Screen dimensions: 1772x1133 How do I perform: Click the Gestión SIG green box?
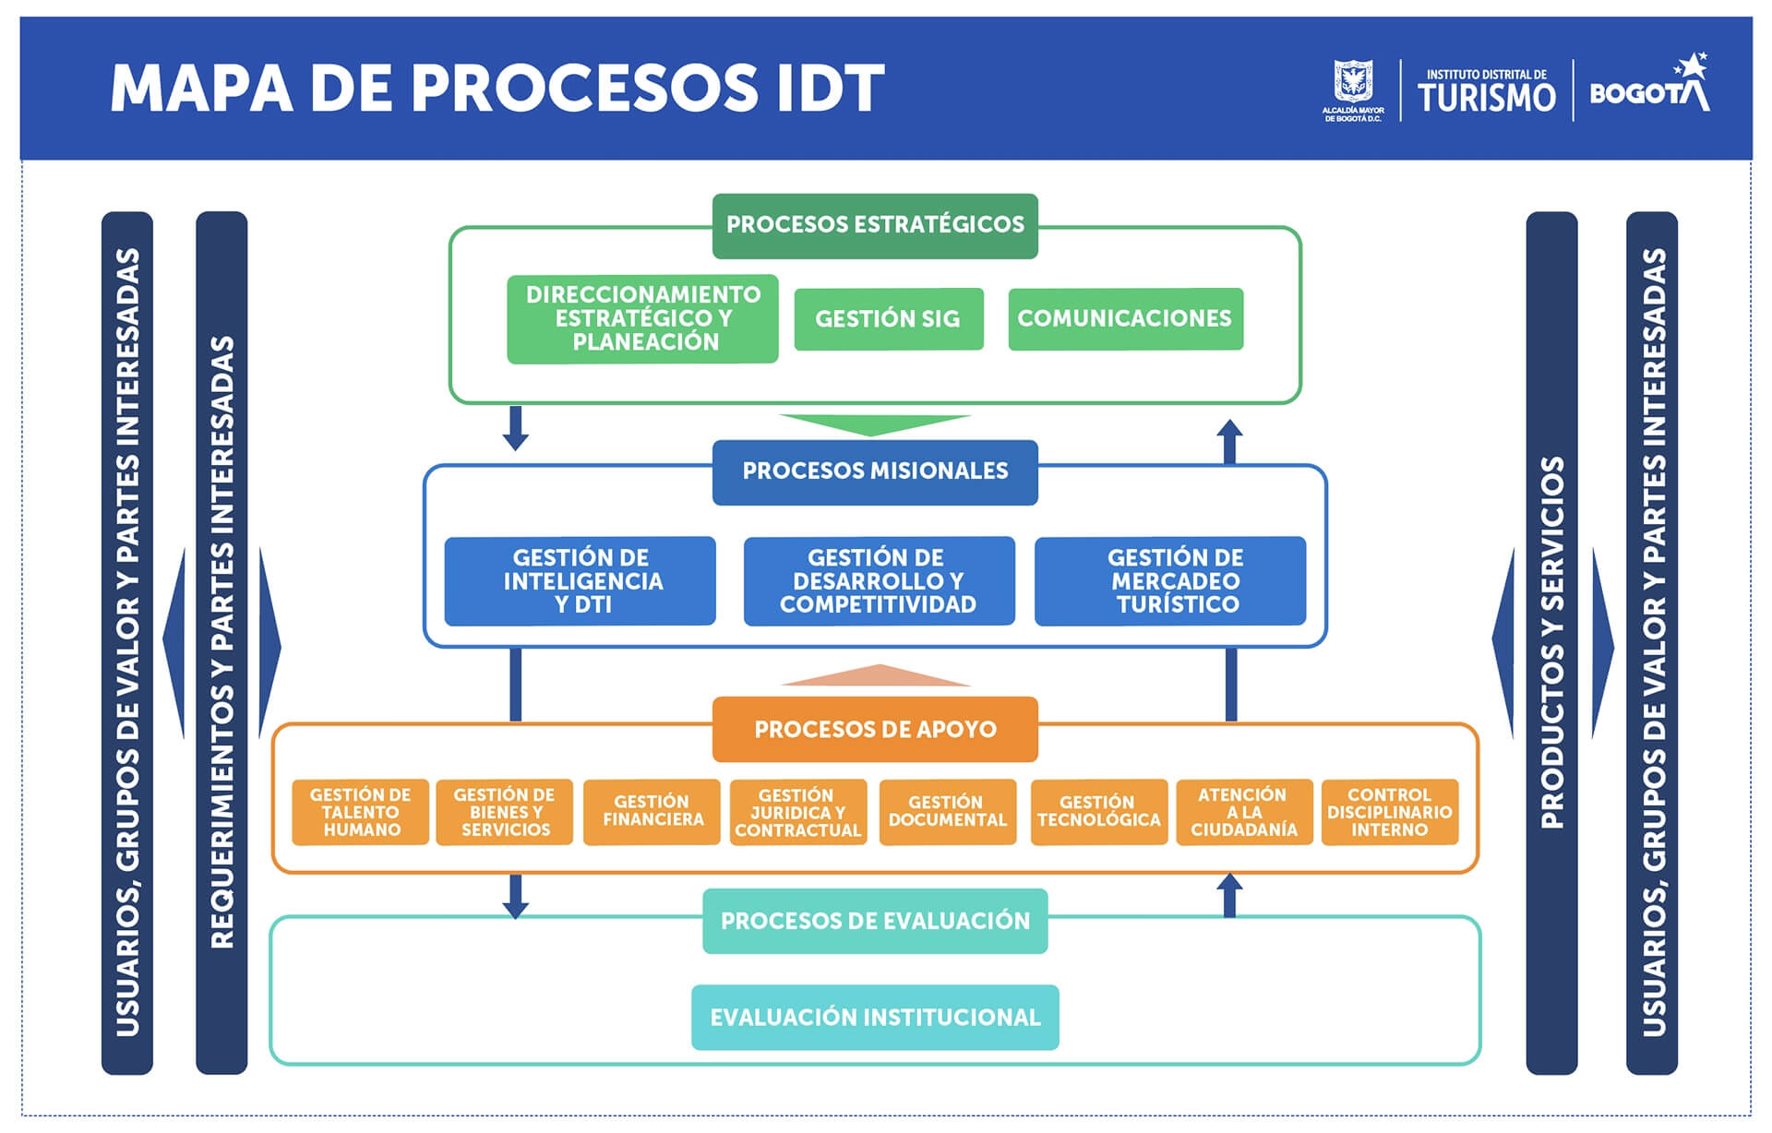(x=889, y=319)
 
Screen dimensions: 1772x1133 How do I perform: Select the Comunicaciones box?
(x=1125, y=319)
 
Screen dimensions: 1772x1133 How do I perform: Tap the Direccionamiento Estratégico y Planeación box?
(x=642, y=318)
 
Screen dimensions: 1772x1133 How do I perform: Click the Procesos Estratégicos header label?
(x=875, y=225)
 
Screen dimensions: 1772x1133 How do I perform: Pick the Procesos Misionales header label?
(x=875, y=471)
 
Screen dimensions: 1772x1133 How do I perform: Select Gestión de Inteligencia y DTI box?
(x=580, y=581)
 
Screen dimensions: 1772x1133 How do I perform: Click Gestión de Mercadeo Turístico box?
(x=1170, y=581)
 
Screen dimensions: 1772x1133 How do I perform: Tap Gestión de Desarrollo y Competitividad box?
(x=879, y=581)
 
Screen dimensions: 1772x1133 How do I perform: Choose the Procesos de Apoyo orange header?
(x=875, y=729)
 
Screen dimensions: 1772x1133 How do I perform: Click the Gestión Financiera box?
(x=652, y=812)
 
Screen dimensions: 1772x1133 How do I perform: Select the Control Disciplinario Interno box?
(x=1390, y=812)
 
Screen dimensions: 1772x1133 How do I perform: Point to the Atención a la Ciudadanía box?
(x=1244, y=812)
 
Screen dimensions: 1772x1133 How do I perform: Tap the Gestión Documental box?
(x=948, y=812)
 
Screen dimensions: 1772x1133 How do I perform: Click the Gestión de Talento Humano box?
(x=360, y=812)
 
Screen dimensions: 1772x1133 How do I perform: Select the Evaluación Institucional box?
(x=875, y=1018)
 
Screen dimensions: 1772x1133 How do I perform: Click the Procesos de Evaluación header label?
(x=875, y=921)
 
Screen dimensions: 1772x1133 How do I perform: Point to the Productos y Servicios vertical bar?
(x=1551, y=643)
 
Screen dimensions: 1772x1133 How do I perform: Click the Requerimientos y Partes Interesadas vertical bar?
(x=221, y=643)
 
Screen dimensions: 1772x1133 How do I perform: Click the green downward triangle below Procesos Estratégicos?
(x=875, y=424)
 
